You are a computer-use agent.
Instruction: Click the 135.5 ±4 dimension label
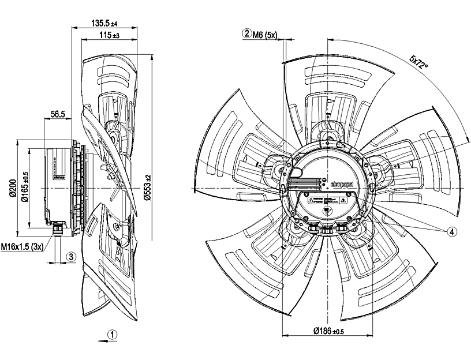(104, 24)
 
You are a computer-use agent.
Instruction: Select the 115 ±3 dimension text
(105, 36)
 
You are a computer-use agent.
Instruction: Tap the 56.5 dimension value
(58, 114)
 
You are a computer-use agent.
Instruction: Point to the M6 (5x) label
(266, 33)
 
